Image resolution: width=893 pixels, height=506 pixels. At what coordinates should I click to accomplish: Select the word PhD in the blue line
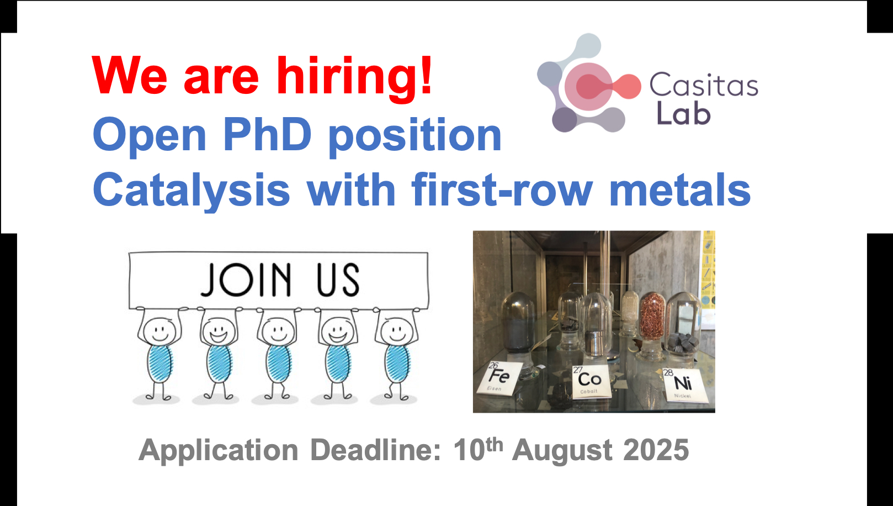pos(267,134)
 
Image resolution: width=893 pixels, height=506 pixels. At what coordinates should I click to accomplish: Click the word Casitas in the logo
pos(704,85)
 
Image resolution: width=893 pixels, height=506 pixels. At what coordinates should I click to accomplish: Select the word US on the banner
pos(338,280)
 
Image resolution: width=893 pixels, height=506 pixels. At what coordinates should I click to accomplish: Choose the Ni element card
pos(683,384)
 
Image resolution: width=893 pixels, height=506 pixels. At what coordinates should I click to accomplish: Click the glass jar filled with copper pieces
pos(652,325)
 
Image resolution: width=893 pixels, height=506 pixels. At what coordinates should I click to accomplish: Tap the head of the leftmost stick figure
pos(160,331)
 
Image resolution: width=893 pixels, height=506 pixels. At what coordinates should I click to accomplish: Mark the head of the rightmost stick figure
pos(397,331)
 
